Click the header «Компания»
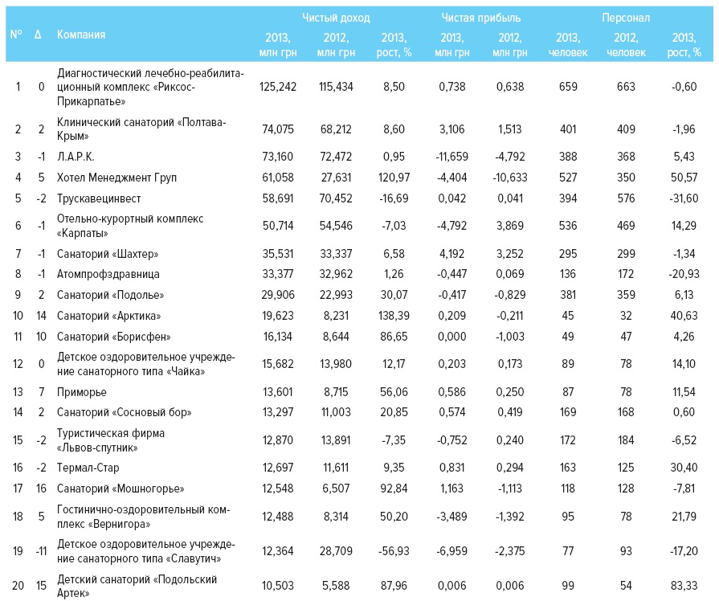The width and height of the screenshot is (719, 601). point(81,35)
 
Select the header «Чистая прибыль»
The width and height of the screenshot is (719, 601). point(481,18)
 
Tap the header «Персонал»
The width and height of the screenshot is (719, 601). point(626,18)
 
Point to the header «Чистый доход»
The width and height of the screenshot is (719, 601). point(336,18)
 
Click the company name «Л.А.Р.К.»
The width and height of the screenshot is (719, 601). point(77,156)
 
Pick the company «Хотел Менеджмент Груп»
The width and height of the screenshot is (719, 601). point(116,177)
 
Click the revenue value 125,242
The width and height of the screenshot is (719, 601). point(279,87)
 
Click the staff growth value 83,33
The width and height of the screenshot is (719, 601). point(684,586)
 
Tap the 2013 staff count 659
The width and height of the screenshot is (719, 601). point(568,87)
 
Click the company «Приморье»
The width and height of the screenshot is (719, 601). point(81,391)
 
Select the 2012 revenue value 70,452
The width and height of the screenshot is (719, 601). point(335,198)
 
